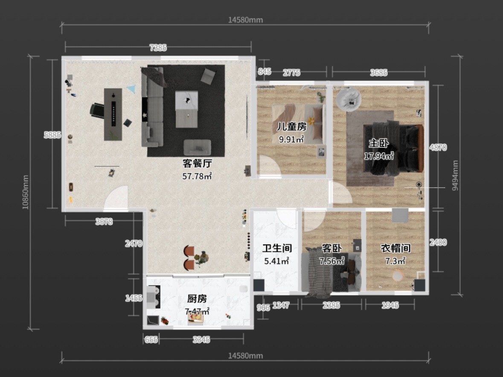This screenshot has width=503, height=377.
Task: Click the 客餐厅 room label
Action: coord(197,163)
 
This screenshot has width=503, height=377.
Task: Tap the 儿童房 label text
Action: coord(291,127)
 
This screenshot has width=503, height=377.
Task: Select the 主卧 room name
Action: coord(378,143)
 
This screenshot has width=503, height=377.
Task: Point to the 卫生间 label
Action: coord(277,248)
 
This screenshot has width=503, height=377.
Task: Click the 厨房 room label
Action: coord(197,299)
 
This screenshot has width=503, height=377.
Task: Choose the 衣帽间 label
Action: coord(395,248)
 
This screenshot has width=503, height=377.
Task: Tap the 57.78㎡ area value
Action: coord(197,176)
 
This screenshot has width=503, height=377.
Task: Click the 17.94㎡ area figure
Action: coord(378,156)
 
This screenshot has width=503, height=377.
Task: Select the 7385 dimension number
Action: coord(158,48)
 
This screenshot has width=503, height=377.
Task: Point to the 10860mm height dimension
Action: coord(25,192)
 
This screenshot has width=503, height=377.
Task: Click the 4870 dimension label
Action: coord(438,148)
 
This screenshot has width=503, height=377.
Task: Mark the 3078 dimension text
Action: coord(104,221)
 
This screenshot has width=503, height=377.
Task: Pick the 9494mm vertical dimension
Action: coord(455,175)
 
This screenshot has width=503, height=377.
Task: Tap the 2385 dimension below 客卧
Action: coord(331,305)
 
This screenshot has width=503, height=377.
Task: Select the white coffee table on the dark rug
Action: coord(186,109)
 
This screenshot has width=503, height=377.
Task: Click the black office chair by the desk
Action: coord(97,110)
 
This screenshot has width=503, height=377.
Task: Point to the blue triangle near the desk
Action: coord(131,89)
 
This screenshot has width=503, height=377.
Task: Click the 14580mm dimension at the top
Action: coord(245,20)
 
